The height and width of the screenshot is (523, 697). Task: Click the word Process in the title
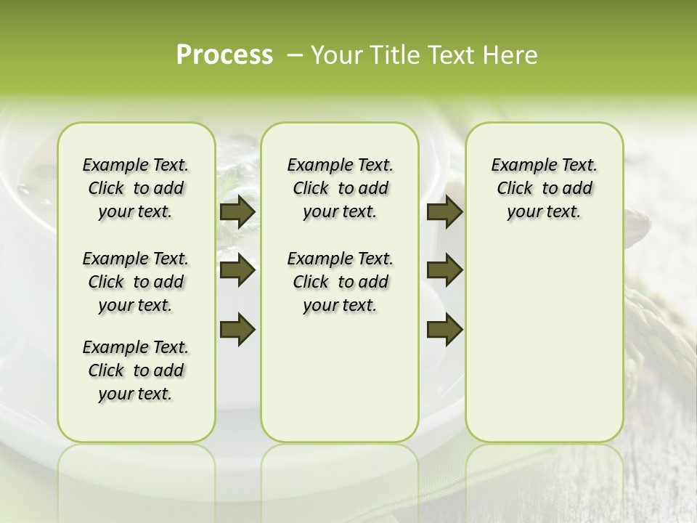224,55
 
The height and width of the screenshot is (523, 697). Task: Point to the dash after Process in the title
294,56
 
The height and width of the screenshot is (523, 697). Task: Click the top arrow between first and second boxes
237,211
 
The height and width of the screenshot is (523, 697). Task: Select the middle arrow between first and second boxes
237,271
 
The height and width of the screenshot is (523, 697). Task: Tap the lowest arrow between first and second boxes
237,330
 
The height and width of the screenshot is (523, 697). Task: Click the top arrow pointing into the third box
444,211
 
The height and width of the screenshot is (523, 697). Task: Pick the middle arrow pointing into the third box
444,271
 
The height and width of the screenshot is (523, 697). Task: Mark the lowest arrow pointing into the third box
444,330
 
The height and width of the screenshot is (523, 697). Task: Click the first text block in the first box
136,188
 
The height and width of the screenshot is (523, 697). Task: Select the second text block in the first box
136,282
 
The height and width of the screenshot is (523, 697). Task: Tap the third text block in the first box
136,370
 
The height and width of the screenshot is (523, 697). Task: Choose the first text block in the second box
340,188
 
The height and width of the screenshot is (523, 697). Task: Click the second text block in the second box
340,282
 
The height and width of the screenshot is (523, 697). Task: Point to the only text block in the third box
544,188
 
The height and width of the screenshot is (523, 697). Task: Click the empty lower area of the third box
544,341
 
